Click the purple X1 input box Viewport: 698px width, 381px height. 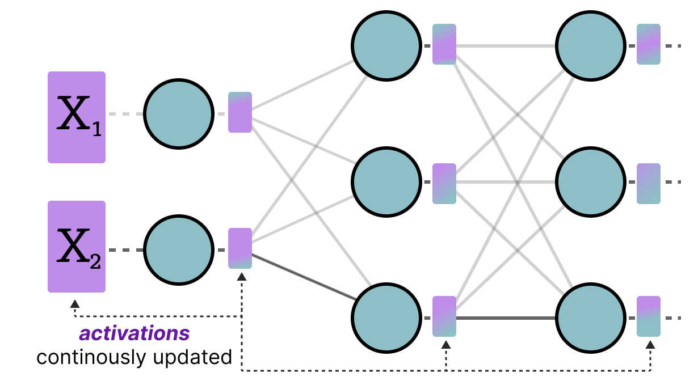click(77, 117)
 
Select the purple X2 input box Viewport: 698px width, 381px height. click(77, 247)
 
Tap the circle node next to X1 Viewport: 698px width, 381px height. click(178, 114)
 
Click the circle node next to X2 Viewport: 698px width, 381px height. click(178, 249)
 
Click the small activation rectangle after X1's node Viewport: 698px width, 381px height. click(240, 112)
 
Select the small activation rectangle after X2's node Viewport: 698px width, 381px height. click(240, 248)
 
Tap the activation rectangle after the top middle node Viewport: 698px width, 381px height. click(444, 44)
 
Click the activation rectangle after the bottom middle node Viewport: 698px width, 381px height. click(444, 316)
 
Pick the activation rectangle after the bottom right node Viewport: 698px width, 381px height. click(649, 316)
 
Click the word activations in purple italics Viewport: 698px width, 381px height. click(134, 334)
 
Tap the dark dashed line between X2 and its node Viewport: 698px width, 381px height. click(125, 250)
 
